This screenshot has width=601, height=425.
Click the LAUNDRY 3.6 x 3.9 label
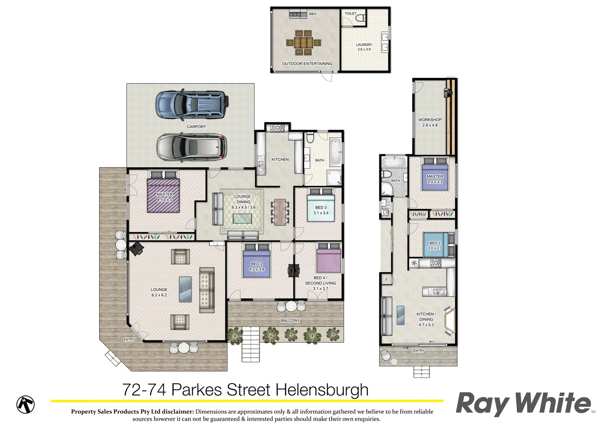(364, 47)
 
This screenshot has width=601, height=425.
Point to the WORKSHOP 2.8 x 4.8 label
(430, 122)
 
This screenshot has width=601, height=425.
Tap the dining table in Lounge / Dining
(280, 212)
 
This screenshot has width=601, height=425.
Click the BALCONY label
(290, 321)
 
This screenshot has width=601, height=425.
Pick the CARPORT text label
(196, 127)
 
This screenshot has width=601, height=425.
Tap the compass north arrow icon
(26, 404)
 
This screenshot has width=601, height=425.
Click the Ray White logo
(524, 403)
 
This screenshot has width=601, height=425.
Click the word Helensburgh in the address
(321, 390)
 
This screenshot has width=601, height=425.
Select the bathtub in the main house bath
(336, 152)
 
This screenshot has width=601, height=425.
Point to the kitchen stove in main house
(277, 128)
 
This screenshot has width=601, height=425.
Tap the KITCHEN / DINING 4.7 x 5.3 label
(426, 319)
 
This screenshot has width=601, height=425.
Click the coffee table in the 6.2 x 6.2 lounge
(185, 289)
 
